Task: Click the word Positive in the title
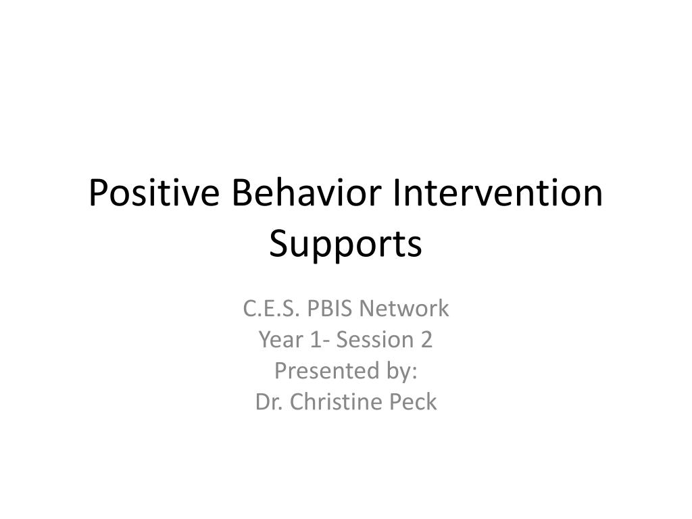pyautogui.click(x=154, y=193)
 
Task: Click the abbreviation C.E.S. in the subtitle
pyautogui.click(x=272, y=308)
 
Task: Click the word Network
pyautogui.click(x=404, y=308)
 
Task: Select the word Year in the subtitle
pyautogui.click(x=281, y=339)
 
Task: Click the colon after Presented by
pyautogui.click(x=414, y=373)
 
